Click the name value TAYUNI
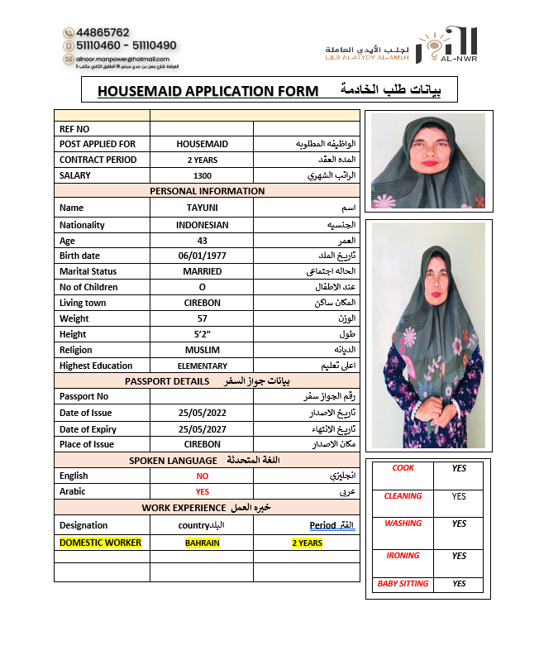[202, 208]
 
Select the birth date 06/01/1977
[202, 256]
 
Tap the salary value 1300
[202, 176]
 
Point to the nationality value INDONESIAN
[202, 224]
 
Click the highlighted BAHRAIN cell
[202, 543]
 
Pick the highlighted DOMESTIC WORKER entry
[100, 543]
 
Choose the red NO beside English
[202, 476]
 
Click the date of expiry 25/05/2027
[202, 428]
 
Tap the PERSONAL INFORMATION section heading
[207, 191]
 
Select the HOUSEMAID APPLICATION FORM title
[207, 91]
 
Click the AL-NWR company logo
[446, 45]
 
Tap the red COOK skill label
[403, 468]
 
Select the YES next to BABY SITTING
[459, 584]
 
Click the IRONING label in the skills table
[403, 556]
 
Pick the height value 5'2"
[202, 334]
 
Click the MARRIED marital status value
[202, 271]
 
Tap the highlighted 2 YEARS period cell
[307, 543]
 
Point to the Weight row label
[74, 318]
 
